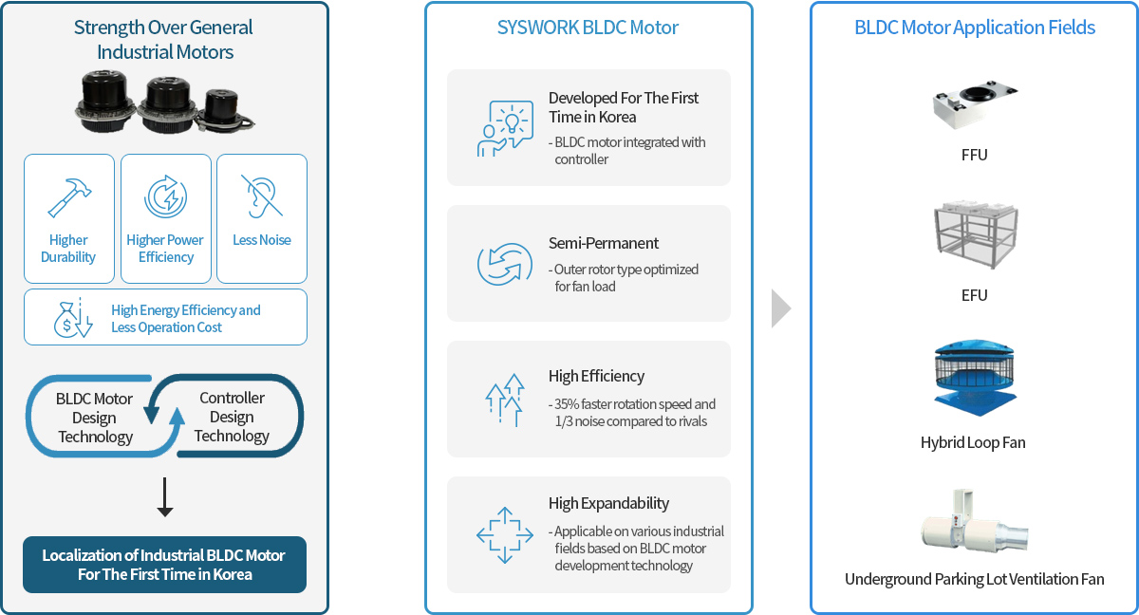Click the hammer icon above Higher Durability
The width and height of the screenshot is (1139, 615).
[69, 197]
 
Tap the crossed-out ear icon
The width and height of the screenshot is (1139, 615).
[262, 196]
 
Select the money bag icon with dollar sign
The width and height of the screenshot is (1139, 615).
[73, 318]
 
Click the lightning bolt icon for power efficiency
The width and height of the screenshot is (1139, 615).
[166, 196]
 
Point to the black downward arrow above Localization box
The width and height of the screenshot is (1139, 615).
[165, 496]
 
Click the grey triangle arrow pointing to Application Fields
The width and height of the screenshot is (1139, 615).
[780, 308]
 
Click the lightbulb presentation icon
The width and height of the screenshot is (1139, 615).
[505, 128]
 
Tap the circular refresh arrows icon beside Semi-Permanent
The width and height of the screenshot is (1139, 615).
[505, 264]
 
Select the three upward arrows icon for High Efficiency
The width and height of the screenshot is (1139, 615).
[505, 400]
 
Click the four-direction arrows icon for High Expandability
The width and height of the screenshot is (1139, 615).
[505, 535]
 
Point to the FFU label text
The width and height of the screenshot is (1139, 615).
[974, 155]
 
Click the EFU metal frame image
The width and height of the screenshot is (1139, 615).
[976, 234]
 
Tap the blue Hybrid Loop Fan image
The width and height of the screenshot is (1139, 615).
[974, 378]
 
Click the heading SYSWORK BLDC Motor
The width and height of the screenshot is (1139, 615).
[588, 28]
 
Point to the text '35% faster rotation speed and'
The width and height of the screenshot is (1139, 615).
[635, 404]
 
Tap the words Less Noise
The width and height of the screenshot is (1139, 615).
[262, 240]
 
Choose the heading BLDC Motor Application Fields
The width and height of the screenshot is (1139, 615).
[975, 28]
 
